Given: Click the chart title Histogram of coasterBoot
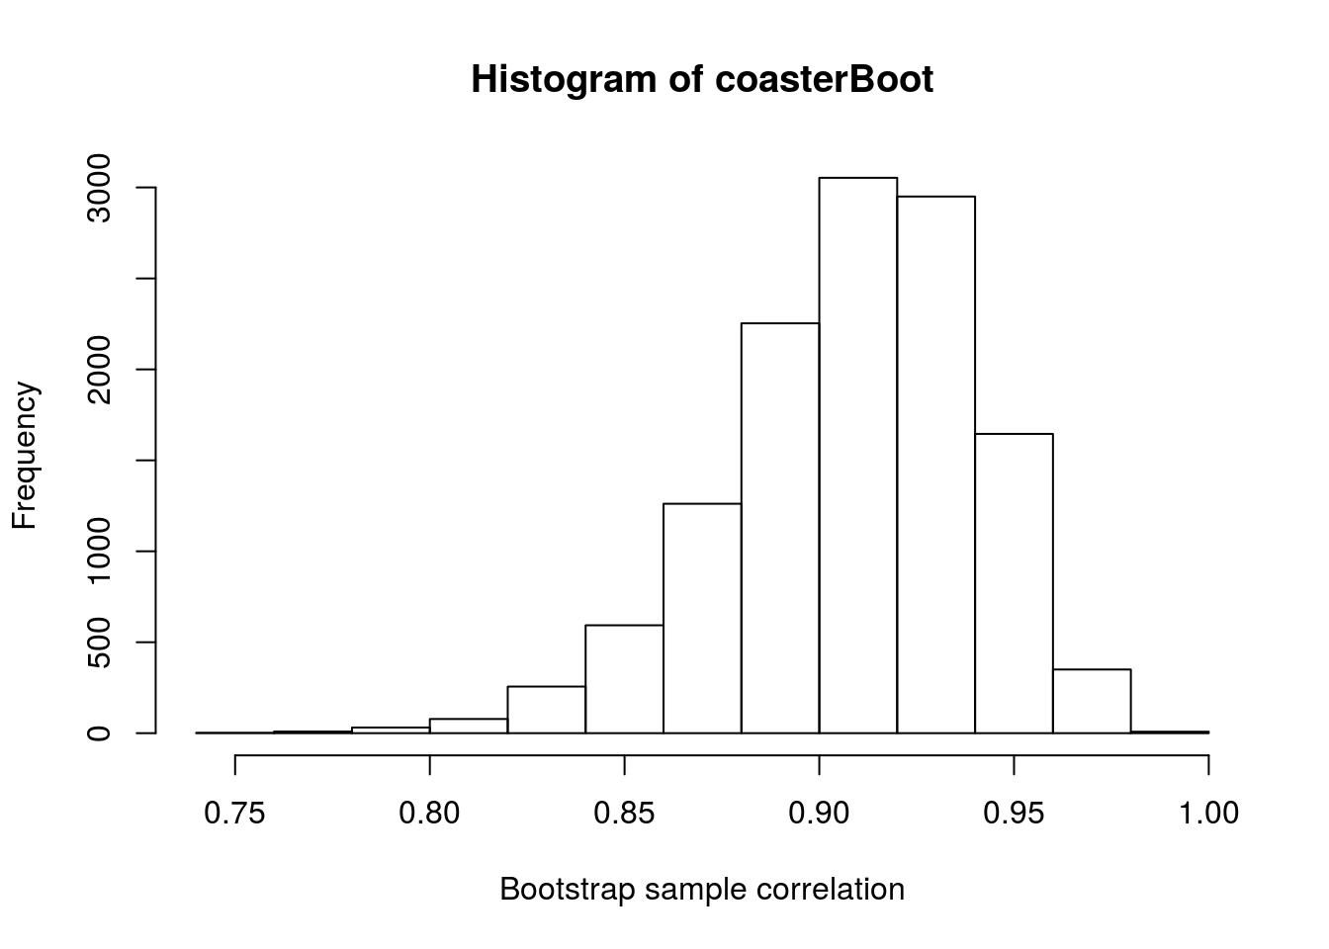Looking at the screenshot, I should click(702, 79).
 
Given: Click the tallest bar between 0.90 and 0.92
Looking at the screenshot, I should click(858, 455).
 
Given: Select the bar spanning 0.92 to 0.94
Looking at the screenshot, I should click(935, 465).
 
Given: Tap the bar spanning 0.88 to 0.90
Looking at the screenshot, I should click(780, 528).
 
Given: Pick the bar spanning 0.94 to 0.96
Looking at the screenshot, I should click(1014, 583).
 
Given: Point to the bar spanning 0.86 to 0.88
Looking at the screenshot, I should click(702, 618).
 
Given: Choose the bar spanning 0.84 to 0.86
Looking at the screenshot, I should click(624, 679).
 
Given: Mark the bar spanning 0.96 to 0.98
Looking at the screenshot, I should click(1092, 701).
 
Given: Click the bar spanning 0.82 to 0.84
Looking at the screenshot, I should click(546, 710).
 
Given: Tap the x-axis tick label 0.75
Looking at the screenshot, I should click(234, 814).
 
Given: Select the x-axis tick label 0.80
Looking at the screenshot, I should click(429, 814).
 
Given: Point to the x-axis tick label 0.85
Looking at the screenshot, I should click(624, 814).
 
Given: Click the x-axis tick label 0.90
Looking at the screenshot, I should click(819, 814).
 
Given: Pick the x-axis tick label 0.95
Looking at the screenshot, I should click(1014, 814).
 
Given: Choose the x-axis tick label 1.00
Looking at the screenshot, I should click(1208, 814).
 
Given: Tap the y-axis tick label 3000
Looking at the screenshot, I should click(99, 188).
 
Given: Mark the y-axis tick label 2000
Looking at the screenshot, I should click(99, 370).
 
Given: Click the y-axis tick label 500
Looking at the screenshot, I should click(99, 642).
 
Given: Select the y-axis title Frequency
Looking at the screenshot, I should click(25, 456).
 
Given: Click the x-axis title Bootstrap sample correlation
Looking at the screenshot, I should click(702, 890).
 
